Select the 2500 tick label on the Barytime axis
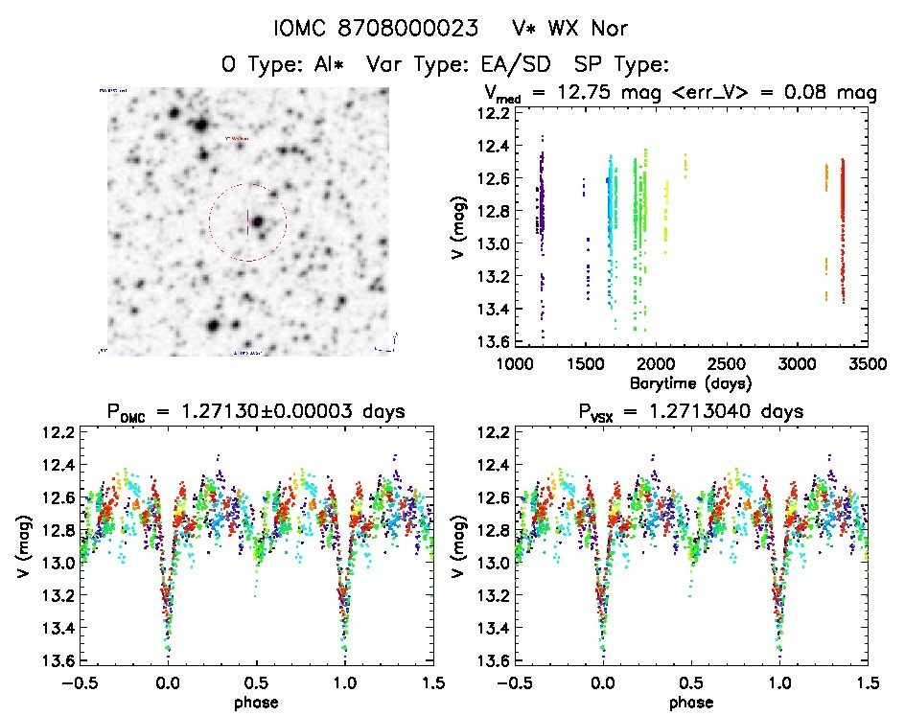726,364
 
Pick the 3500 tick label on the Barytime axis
867,364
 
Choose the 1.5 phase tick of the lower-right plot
867,683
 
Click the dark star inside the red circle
257,221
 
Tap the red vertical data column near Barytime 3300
843,230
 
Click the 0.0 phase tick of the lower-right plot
603,683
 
